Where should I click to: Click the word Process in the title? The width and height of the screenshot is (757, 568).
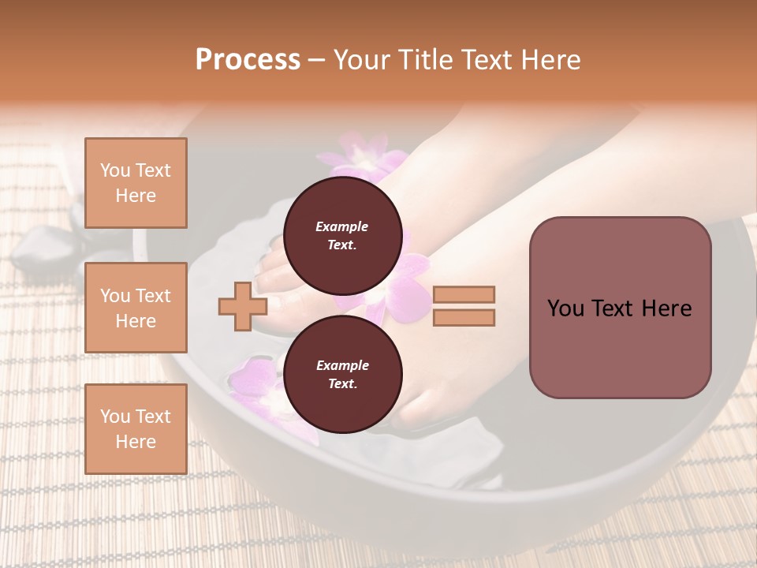248,60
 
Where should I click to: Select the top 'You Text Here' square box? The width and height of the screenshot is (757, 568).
136,183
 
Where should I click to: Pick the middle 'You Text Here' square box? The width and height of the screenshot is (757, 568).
136,308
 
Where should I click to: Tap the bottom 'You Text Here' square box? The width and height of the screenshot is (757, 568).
136,429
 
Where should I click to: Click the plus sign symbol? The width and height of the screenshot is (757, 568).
242,306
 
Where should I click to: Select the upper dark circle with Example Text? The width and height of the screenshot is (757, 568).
342,236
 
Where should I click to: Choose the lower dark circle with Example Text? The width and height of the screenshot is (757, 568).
342,375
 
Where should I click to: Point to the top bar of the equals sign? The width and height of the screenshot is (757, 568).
464,295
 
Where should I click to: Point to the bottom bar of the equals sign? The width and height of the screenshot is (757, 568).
464,317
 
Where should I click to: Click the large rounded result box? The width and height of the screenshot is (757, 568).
620,308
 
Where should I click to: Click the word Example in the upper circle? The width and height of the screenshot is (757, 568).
342,226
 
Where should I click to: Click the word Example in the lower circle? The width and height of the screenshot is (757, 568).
342,365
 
